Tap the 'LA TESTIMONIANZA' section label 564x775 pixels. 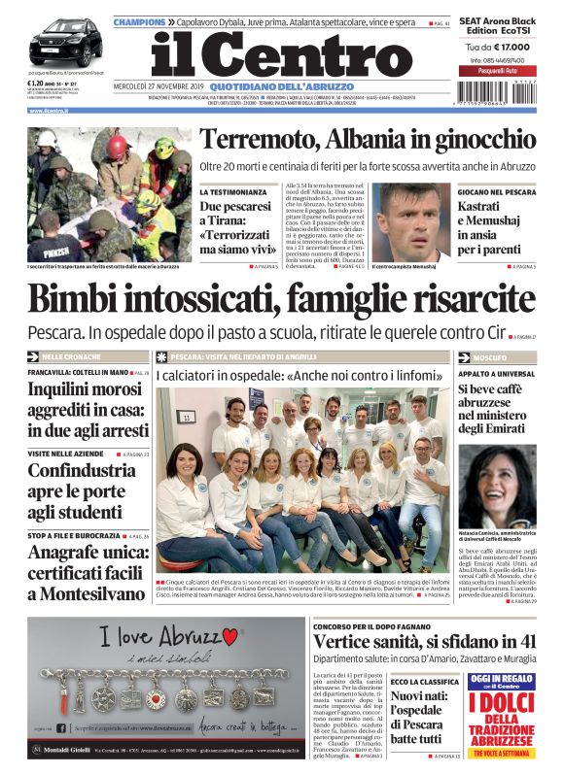coord(232,192)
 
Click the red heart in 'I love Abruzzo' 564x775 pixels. coord(229,637)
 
